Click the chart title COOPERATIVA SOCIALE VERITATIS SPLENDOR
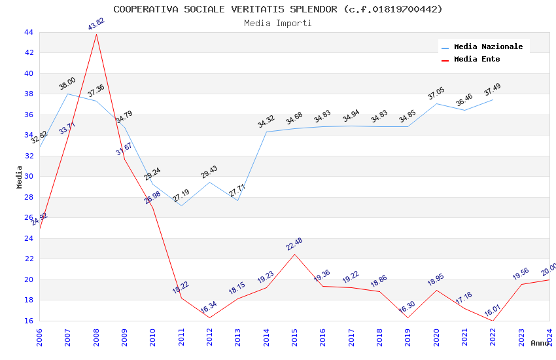click(x=277, y=9)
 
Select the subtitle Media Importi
click(x=277, y=23)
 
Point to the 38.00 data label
click(x=67, y=83)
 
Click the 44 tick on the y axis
click(x=28, y=32)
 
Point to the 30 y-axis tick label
click(x=28, y=176)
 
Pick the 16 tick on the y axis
click(x=28, y=321)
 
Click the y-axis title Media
click(x=20, y=177)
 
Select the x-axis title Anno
click(x=540, y=343)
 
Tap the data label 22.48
click(x=294, y=244)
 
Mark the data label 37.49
click(x=493, y=88)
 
